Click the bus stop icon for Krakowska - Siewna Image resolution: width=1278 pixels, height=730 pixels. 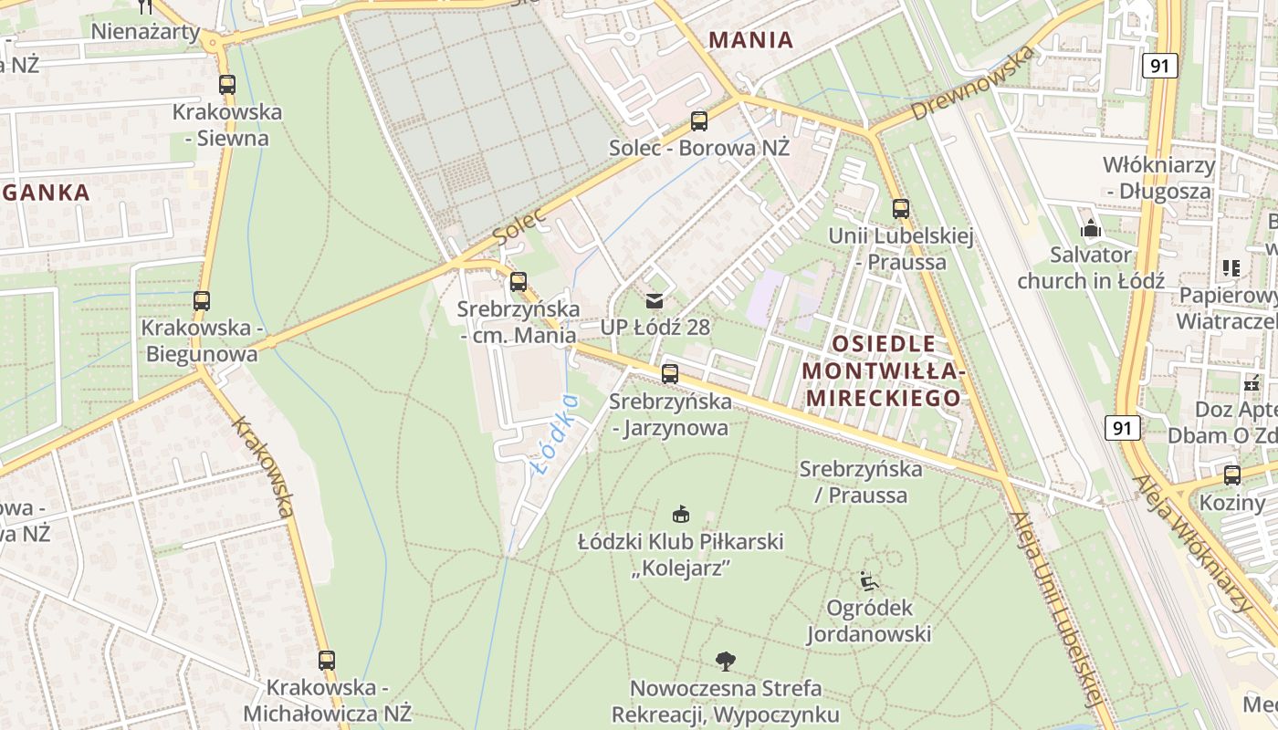point(226,85)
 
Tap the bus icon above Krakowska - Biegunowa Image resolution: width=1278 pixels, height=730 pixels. point(201,300)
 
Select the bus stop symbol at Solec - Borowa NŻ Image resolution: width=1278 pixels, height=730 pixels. point(699,120)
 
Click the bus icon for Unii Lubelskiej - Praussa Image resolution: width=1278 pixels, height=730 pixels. point(901,209)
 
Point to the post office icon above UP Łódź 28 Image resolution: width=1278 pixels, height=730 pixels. point(655,300)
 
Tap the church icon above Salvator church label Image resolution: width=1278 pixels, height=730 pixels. point(1090,228)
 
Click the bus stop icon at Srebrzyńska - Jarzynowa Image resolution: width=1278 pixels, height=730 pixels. point(670,373)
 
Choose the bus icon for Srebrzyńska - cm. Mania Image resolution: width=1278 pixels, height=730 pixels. point(519,282)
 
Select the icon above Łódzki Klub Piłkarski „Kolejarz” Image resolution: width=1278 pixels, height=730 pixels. point(680,515)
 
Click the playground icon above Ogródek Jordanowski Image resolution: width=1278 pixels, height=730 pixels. point(868,580)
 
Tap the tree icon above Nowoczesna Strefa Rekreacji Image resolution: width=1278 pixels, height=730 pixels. point(726,660)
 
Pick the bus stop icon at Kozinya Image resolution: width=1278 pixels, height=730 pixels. point(1232,475)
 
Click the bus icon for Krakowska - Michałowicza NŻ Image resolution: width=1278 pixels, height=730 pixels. point(327,660)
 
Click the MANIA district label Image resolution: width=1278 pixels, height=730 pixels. point(750,40)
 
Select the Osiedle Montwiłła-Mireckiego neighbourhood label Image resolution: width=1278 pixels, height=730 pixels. point(882,370)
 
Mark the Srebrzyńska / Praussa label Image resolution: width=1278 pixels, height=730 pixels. point(861,482)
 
